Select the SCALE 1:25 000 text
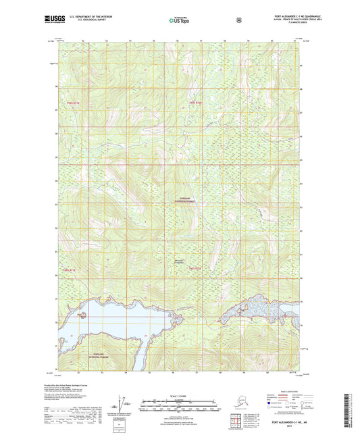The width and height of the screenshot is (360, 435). (180, 395)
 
